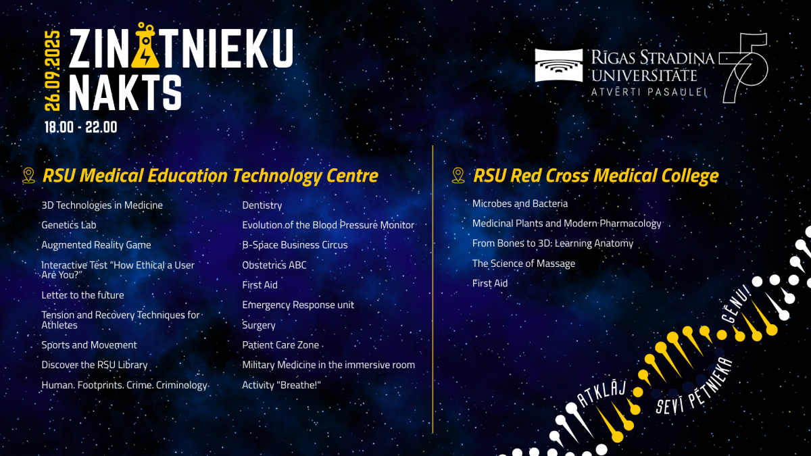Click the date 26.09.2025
53,71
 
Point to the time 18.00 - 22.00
81,127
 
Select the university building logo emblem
558,65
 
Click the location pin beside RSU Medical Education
28,176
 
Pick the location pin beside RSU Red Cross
458,176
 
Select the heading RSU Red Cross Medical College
595,176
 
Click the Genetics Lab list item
69,225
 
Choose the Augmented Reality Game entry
96,245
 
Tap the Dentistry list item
262,205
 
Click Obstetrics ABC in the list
274,265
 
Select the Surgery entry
259,325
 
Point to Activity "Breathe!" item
281,385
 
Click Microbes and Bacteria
520,203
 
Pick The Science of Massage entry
524,263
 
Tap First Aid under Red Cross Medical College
490,284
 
